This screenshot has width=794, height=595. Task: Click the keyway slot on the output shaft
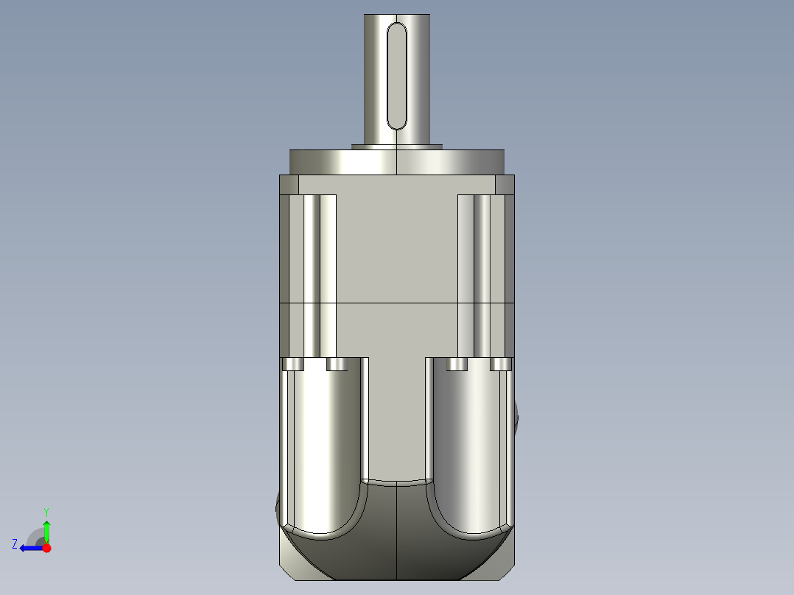point(396,76)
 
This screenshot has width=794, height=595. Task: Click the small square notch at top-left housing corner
point(289,184)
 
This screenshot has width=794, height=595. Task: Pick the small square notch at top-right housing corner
point(505,184)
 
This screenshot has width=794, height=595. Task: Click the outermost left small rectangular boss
point(293,365)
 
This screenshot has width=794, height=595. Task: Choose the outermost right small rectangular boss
point(501,365)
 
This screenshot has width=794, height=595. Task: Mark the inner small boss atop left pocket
point(337,365)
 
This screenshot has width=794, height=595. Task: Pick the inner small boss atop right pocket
point(457,365)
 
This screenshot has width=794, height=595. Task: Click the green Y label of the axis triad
point(46,511)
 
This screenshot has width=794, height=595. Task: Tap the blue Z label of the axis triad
point(15,544)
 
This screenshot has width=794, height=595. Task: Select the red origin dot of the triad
point(46,548)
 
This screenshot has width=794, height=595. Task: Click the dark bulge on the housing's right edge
point(518,420)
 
